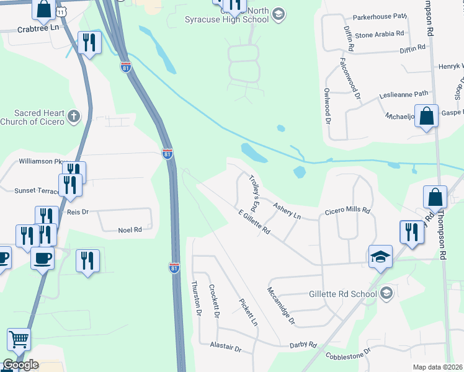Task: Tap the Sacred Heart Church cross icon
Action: [x=74, y=116]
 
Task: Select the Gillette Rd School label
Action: [x=343, y=293]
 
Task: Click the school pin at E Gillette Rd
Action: [x=380, y=257]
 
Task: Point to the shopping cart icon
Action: [x=19, y=340]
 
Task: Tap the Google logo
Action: [x=20, y=365]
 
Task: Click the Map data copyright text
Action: [x=437, y=367]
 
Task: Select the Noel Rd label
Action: [x=130, y=229]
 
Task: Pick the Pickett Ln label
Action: [x=248, y=312]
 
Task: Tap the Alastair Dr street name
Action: [x=225, y=348]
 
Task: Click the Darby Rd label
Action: [x=303, y=345]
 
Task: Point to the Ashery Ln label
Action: [x=287, y=211]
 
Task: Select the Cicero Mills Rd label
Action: [x=347, y=211]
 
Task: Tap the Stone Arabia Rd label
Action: [x=380, y=35]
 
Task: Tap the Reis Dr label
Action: [x=78, y=211]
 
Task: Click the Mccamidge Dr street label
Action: [x=282, y=307]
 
